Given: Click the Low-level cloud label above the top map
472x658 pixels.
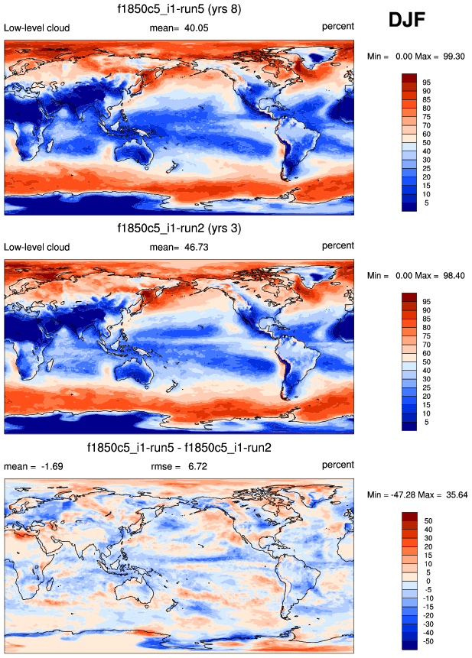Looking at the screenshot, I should (x=37, y=28).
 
